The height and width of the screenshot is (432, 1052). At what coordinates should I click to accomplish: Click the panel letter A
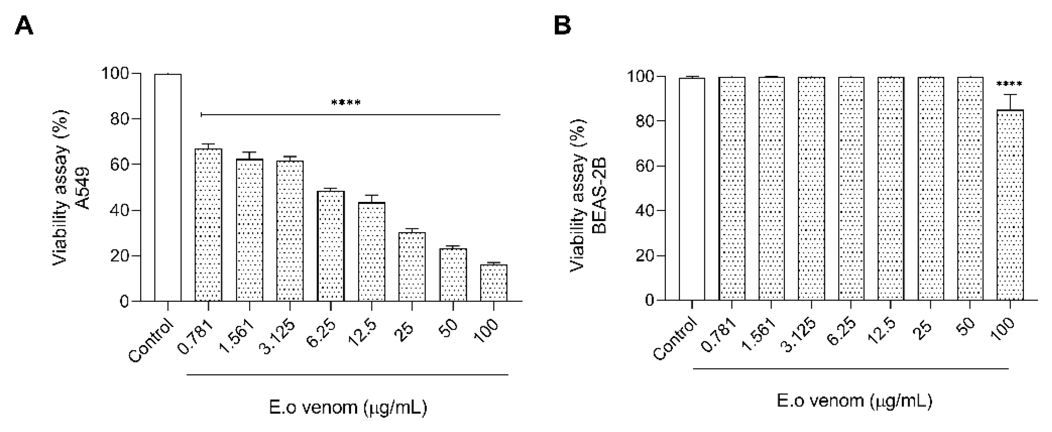point(24,27)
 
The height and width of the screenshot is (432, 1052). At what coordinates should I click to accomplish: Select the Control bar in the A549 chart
point(168,188)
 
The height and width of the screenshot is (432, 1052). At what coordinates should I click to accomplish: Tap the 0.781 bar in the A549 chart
point(209,225)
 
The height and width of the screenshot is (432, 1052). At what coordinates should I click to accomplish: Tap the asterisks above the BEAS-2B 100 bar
point(1009,85)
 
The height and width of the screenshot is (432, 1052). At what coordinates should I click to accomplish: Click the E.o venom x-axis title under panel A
point(348,407)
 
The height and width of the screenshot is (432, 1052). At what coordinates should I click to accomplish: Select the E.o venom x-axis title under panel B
point(854,401)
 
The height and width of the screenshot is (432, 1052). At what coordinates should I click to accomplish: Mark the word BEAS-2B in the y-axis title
point(599,196)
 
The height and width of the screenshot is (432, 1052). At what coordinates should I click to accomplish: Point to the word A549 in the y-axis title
point(83,188)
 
